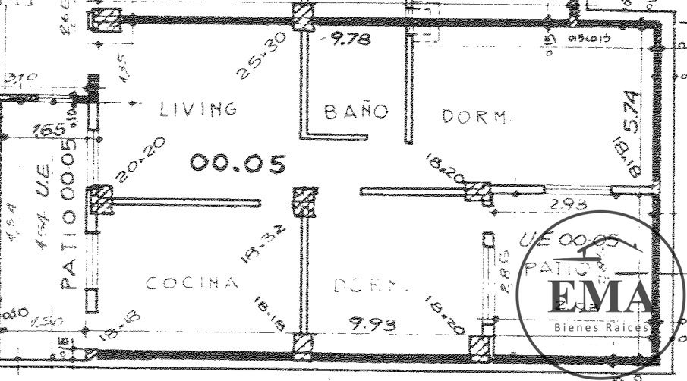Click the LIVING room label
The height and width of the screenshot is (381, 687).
pos(198,109)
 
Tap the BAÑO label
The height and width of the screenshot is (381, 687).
pos(356,112)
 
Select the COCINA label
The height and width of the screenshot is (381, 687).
pos(192,283)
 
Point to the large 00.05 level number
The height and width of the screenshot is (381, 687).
pos(238,162)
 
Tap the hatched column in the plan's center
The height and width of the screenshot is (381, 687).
pos(304,201)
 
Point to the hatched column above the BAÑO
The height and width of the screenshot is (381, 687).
pos(303,14)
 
